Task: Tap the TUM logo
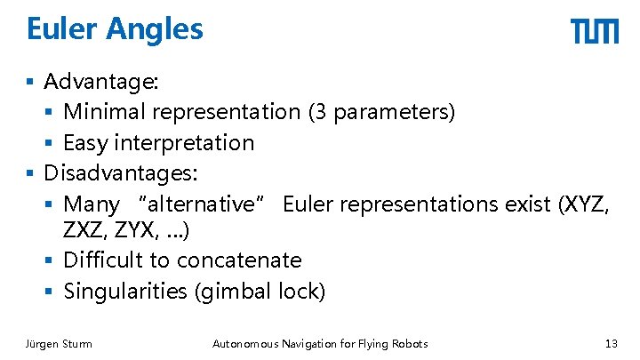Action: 594,32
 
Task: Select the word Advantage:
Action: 101,83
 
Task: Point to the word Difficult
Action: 108,260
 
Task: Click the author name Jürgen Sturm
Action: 59,344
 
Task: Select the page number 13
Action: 610,344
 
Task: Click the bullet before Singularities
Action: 52,292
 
